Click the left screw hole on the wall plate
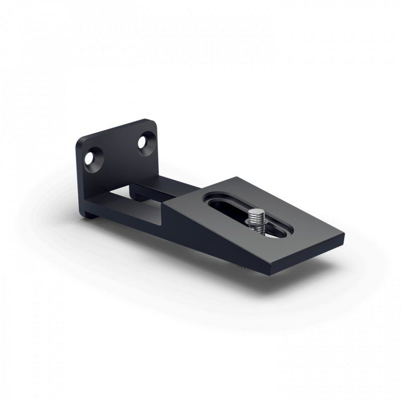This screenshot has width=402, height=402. [x=90, y=158]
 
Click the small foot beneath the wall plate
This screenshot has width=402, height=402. [x=91, y=215]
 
